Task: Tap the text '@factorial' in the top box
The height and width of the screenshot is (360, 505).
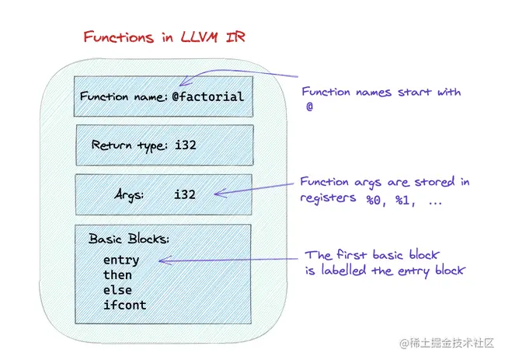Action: click(x=208, y=97)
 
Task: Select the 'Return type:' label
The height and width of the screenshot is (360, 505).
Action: click(x=128, y=145)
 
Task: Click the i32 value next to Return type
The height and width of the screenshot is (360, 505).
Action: click(x=184, y=145)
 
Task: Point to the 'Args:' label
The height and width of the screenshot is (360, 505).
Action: click(x=128, y=194)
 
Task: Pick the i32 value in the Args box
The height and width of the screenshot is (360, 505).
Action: click(x=184, y=194)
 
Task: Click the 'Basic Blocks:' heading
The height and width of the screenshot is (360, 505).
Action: click(x=129, y=239)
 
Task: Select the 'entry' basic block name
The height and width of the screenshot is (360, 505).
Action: click(x=120, y=260)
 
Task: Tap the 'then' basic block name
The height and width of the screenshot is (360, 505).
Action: click(x=117, y=275)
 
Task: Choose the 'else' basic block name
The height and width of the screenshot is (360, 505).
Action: click(x=117, y=290)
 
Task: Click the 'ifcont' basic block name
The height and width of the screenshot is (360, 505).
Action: click(x=124, y=305)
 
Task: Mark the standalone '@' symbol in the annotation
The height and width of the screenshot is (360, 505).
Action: click(x=309, y=110)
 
